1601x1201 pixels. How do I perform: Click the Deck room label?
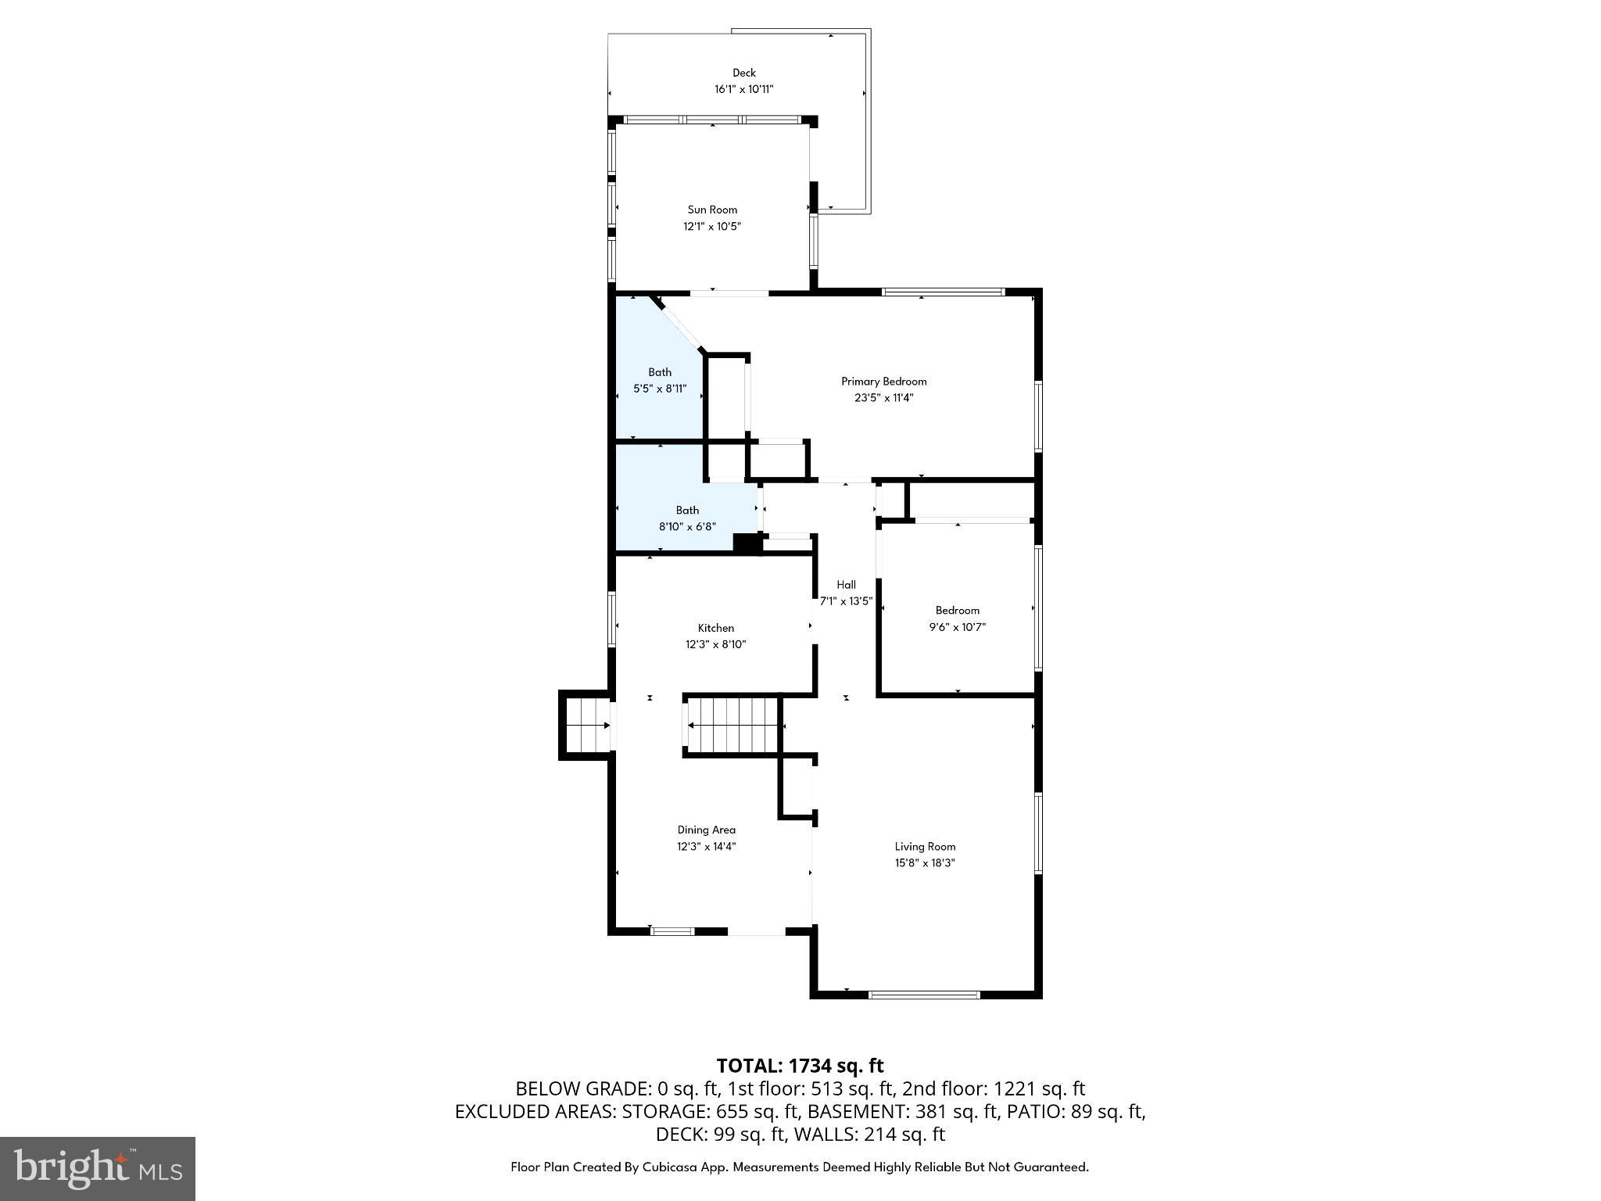click(743, 73)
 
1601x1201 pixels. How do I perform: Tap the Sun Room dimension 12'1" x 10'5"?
click(712, 227)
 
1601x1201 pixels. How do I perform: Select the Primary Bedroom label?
click(883, 382)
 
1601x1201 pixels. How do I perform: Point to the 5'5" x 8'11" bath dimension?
click(659, 389)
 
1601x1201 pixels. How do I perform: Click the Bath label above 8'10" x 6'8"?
click(687, 511)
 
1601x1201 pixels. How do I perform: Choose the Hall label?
click(846, 585)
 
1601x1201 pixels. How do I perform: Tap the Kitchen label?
click(715, 628)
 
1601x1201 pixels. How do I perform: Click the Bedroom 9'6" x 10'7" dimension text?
click(957, 627)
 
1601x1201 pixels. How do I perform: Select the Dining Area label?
click(706, 830)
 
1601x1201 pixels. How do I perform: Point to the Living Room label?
click(925, 846)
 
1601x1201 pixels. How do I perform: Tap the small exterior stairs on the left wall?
click(587, 725)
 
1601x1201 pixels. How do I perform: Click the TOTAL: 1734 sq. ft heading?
click(800, 1066)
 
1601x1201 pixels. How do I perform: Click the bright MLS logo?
click(98, 1168)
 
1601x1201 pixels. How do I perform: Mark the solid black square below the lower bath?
click(747, 544)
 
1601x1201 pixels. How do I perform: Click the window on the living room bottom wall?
click(924, 995)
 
